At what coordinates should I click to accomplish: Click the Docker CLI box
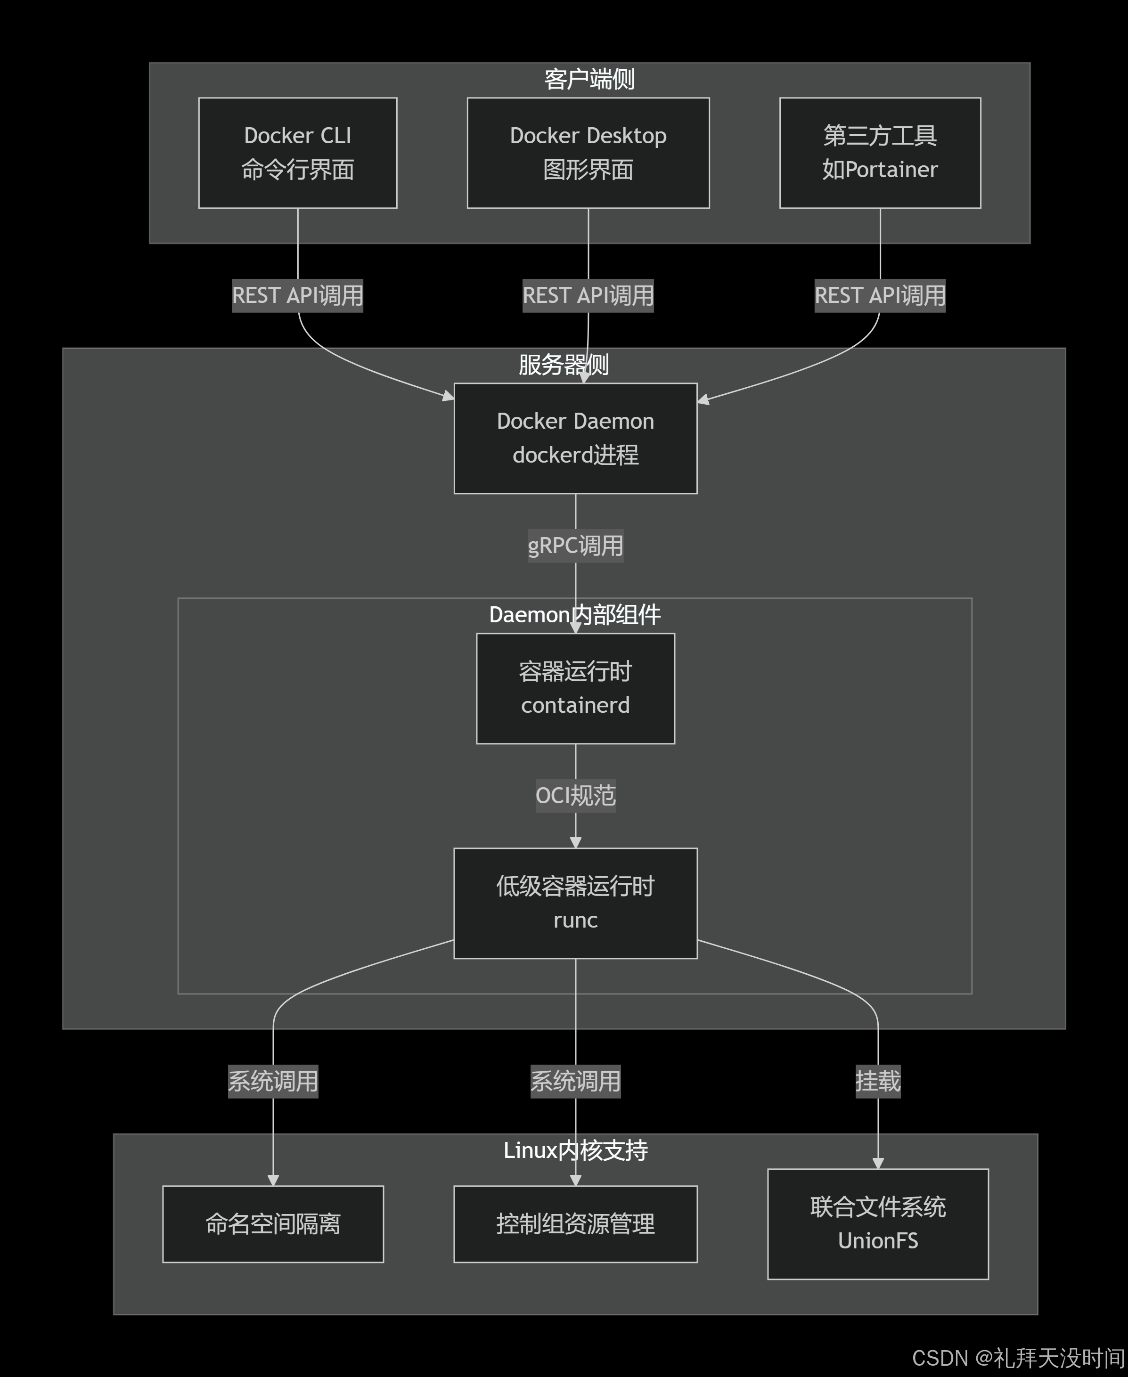pyautogui.click(x=298, y=153)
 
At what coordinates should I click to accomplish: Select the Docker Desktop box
pyautogui.click(x=588, y=153)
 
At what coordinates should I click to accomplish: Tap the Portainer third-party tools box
pyautogui.click(x=880, y=153)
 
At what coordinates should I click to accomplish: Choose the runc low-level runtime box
pyautogui.click(x=575, y=903)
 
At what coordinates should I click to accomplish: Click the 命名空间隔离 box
pyautogui.click(x=273, y=1224)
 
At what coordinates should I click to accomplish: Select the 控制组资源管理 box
pyautogui.click(x=575, y=1224)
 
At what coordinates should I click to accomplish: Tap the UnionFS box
pyautogui.click(x=878, y=1224)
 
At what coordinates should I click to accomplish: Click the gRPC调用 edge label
pyautogui.click(x=575, y=546)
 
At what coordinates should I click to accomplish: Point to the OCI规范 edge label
pyautogui.click(x=575, y=795)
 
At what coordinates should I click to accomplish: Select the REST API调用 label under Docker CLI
pyautogui.click(x=298, y=295)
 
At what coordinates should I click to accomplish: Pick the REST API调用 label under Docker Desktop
pyautogui.click(x=588, y=295)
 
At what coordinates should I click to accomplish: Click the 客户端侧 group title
pyautogui.click(x=589, y=79)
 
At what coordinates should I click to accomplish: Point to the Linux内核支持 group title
pyautogui.click(x=575, y=1150)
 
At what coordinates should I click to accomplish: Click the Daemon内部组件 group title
pyautogui.click(x=575, y=614)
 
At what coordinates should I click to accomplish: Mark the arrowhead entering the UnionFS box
pyautogui.click(x=878, y=1163)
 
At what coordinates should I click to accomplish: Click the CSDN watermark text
pyautogui.click(x=1018, y=1358)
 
